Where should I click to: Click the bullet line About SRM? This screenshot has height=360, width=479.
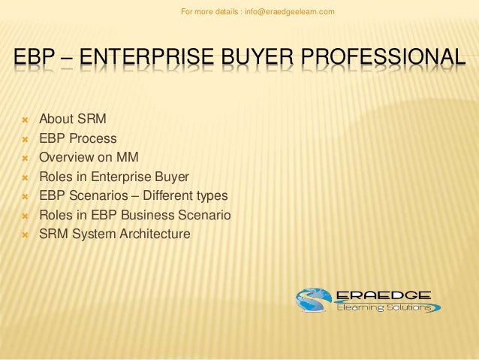[73, 119]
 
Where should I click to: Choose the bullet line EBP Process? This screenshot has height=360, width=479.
[78, 138]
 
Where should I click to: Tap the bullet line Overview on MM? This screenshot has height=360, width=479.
[89, 158]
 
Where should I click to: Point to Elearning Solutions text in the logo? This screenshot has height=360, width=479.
[383, 308]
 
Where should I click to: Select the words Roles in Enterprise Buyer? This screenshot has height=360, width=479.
[114, 177]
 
